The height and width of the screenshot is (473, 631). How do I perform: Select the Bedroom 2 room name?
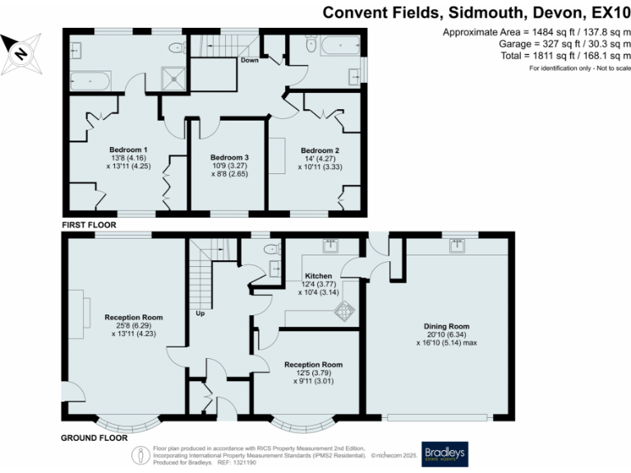[x=320, y=150]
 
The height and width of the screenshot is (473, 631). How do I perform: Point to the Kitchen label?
[x=318, y=276]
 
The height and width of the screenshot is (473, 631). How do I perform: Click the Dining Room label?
[x=441, y=326]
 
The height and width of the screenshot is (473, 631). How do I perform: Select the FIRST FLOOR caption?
[x=89, y=224]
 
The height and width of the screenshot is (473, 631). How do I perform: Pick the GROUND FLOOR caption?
[x=94, y=439]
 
